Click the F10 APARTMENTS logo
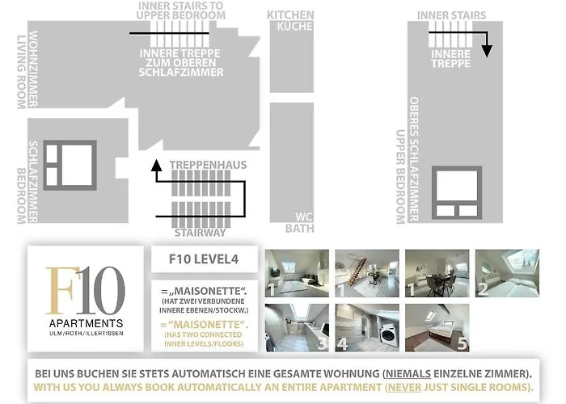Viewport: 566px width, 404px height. point(86,298)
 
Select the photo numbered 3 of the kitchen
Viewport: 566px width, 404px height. point(296,326)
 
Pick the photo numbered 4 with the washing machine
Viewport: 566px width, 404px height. point(365,326)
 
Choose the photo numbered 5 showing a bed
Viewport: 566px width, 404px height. point(437,326)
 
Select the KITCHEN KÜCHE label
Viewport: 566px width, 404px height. point(290,21)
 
